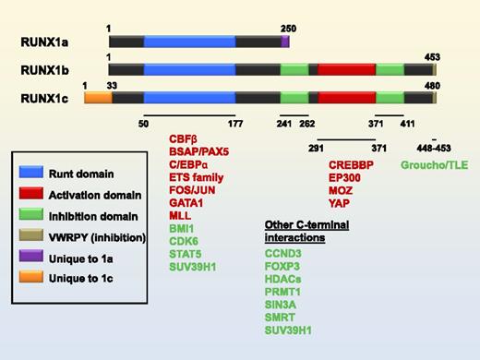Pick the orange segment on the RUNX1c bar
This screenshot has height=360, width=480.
tap(98, 97)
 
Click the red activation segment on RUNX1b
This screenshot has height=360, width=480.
tap(346, 69)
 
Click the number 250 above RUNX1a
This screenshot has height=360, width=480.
tap(287, 29)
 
